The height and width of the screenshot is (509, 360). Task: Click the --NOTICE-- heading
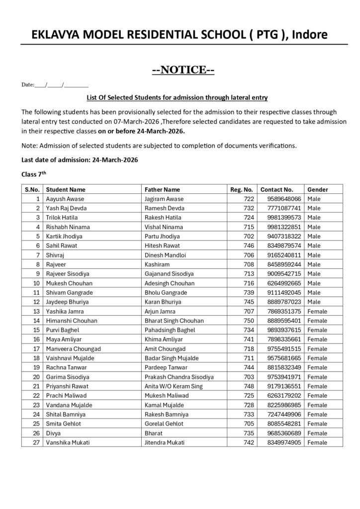(182, 70)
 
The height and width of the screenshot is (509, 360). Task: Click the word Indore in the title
(309, 35)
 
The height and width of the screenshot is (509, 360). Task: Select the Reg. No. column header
(242, 189)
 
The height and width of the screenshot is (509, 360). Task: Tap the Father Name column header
(162, 189)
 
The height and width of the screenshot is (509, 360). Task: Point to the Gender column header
(318, 189)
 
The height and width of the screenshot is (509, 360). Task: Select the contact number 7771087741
(280, 208)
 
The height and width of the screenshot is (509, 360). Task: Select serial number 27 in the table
(36, 442)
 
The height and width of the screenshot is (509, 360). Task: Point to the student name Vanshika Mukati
(68, 442)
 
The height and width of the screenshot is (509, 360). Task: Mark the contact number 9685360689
(280, 433)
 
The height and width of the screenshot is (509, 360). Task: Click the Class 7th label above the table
(34, 174)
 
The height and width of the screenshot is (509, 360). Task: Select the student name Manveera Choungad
(73, 349)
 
